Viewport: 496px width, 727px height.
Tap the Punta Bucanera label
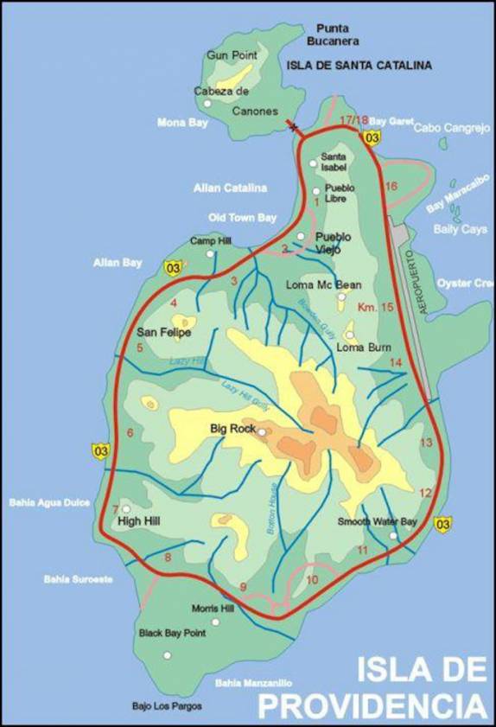(x=337, y=35)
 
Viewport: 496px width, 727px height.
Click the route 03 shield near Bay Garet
(x=372, y=137)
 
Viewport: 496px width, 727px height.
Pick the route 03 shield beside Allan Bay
(x=174, y=268)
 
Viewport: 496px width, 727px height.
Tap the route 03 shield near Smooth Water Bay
(x=444, y=523)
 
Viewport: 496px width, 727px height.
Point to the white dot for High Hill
(x=126, y=509)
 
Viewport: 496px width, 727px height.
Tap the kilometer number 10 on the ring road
(x=311, y=579)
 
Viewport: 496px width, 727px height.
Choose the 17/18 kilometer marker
(x=353, y=119)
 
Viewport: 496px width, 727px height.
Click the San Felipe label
(x=163, y=331)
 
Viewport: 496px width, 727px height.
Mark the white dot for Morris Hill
(x=215, y=622)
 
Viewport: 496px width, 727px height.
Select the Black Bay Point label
(x=172, y=633)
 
